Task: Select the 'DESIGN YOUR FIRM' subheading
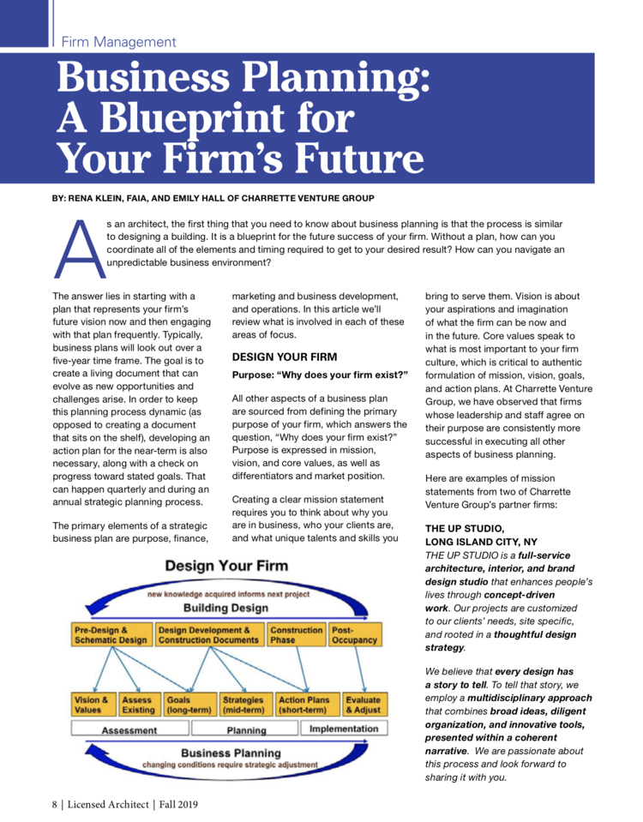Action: coord(285,357)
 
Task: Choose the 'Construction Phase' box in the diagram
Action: coord(297,634)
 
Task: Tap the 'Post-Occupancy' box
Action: coord(354,634)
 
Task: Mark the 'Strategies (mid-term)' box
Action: coord(244,705)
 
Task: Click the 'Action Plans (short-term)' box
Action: coord(304,705)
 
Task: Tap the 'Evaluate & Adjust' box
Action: coord(363,705)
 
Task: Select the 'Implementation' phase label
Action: coord(343,729)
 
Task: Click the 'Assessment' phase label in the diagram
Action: coord(129,730)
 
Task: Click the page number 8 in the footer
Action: coord(54,804)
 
